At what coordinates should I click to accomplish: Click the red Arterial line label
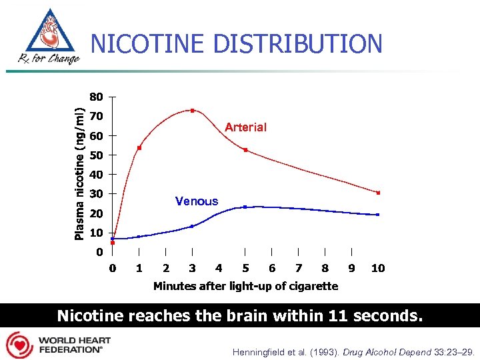(245, 127)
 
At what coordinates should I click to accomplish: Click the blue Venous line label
(196, 201)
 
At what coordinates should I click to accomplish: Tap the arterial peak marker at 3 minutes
(193, 111)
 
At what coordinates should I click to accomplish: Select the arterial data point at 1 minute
(139, 148)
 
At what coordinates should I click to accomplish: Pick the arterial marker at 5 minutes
(245, 150)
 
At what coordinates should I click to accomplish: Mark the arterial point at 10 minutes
(378, 193)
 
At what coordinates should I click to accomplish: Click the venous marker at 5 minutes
(245, 207)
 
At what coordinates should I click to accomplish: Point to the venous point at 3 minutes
(193, 226)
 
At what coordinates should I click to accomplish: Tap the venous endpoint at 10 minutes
(378, 215)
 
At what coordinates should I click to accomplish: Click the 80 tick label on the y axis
(96, 97)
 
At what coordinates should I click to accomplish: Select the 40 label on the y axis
(96, 175)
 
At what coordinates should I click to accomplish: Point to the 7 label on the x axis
(299, 268)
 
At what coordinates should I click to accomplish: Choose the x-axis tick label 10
(378, 268)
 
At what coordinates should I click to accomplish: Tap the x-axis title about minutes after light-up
(245, 286)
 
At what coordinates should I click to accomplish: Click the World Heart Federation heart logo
(19, 345)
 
